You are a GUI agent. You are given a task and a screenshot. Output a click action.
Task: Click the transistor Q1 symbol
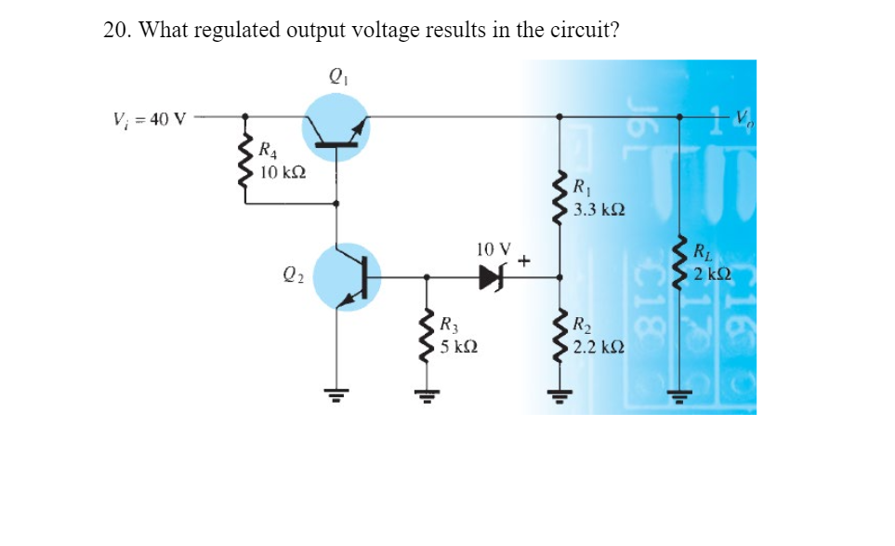336,131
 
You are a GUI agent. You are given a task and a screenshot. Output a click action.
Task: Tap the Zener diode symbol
493,276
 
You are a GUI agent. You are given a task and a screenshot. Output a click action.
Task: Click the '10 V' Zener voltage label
493,249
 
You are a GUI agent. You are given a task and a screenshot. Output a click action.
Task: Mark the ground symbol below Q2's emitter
337,392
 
